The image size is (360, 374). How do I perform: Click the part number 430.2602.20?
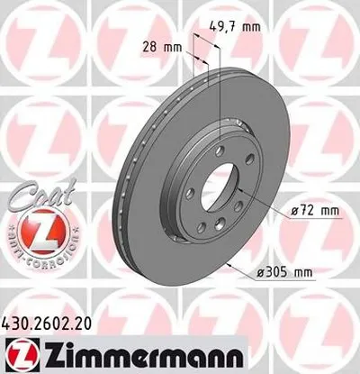[x=51, y=321]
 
